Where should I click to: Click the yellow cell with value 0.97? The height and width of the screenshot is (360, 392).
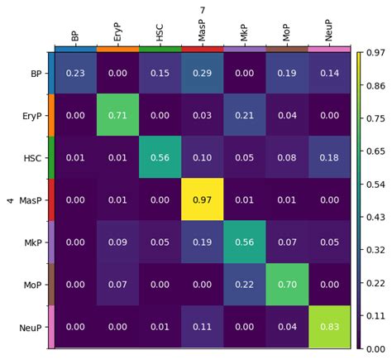click(202, 199)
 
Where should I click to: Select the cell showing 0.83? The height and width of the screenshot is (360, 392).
click(329, 327)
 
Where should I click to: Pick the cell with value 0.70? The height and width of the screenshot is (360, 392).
click(286, 285)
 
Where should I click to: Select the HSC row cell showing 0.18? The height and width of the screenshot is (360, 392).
click(329, 157)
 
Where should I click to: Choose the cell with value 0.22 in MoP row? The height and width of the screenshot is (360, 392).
click(244, 285)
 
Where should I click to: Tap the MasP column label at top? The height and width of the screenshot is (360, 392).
click(203, 33)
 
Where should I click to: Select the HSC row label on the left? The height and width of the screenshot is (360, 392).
click(31, 157)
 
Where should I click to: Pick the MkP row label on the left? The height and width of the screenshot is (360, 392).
click(31, 242)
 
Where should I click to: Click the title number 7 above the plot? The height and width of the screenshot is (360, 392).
click(202, 9)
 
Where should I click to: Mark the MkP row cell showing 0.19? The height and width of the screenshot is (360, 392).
click(202, 242)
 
